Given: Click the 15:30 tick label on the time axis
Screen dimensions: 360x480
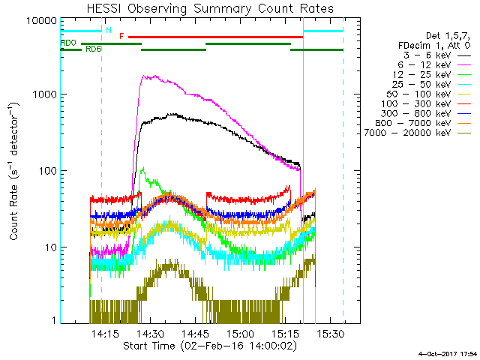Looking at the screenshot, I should [x=330, y=332].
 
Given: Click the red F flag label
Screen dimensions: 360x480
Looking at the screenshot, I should [x=121, y=36].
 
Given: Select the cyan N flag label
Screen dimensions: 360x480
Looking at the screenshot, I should [x=108, y=31].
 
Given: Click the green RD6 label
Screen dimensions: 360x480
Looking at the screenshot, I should [x=94, y=49].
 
